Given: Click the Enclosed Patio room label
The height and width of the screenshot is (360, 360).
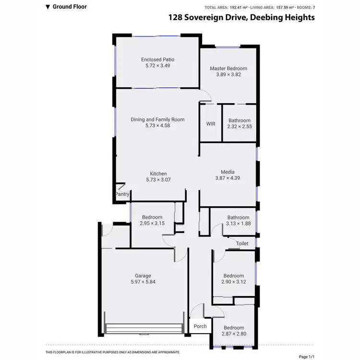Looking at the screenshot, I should click(157, 60).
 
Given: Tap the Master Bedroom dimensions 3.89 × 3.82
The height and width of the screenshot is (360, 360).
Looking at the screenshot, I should click(228, 75).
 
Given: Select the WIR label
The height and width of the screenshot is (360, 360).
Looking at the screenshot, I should click(211, 124).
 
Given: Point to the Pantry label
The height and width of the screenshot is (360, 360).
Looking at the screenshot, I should click(121, 194).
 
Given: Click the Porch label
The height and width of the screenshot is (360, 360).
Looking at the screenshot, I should click(200, 326).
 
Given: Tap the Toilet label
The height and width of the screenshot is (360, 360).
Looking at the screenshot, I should click(242, 244).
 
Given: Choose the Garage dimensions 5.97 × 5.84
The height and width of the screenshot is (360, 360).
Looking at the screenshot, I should click(143, 282).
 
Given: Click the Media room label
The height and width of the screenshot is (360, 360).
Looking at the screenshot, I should click(228, 172).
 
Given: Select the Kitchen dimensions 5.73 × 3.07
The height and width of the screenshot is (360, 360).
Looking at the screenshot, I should click(158, 180).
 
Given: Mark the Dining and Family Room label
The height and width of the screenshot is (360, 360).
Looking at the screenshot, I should click(157, 120).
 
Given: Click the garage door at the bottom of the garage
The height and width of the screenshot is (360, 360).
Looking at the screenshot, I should click(144, 329).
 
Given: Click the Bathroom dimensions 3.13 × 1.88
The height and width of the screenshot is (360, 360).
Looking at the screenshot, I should click(239, 224).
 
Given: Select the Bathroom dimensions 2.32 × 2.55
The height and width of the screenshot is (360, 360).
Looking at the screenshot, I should click(240, 127).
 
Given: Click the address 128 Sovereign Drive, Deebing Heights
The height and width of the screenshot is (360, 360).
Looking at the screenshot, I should click(241, 18).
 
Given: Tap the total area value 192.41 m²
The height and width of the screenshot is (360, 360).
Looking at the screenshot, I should click(239, 8).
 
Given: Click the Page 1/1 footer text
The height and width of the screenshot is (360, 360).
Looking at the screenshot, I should click(307, 357).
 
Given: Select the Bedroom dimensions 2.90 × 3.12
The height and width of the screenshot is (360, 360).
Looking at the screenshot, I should click(233, 282).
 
